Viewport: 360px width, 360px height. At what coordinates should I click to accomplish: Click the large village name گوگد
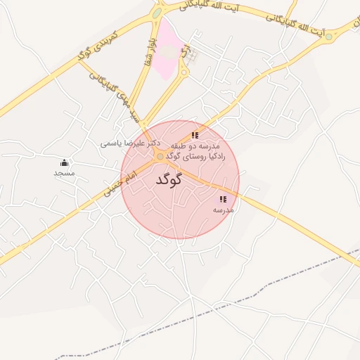coord(169,179)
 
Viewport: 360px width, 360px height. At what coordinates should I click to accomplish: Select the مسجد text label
coord(64,173)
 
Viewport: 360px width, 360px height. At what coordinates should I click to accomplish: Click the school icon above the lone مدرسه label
coord(223,200)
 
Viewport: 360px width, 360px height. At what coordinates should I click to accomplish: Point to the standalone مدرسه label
coord(223,210)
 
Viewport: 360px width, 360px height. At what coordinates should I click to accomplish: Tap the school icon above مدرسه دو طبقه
coord(195,134)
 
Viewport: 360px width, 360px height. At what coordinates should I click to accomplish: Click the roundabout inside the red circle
coord(160,156)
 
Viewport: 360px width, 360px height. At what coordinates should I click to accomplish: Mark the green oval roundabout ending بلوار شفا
coord(156,12)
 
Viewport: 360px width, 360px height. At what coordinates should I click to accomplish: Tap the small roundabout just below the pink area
coord(184,72)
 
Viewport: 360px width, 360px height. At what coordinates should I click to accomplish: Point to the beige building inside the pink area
coord(167,51)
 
